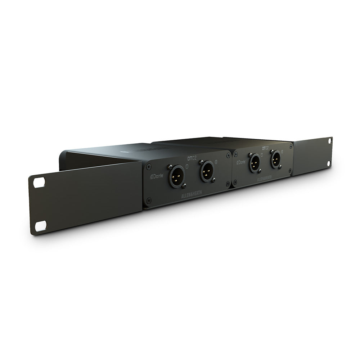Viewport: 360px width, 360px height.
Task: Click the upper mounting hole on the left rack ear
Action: (x=39, y=182)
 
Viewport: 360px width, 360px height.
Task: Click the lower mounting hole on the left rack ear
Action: (x=41, y=226)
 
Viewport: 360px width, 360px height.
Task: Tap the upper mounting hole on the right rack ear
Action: (x=330, y=141)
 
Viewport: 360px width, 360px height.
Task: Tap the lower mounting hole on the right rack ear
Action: (x=329, y=163)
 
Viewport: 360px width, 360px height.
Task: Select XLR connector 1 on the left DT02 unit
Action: (x=177, y=176)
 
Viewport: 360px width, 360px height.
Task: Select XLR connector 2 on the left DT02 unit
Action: (x=207, y=171)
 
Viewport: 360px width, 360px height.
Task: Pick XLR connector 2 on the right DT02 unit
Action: (x=276, y=159)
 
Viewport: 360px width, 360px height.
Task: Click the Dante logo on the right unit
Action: (x=241, y=162)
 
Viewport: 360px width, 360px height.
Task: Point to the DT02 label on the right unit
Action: (x=266, y=148)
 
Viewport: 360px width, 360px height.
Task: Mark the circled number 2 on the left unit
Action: (x=216, y=162)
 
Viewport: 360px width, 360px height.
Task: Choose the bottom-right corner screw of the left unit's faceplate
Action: (x=228, y=185)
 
